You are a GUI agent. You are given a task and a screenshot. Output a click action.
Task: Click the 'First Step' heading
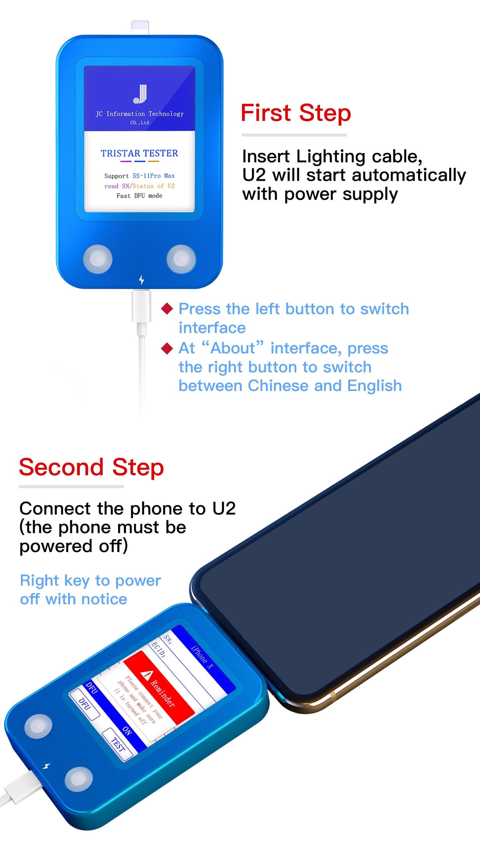[296, 113]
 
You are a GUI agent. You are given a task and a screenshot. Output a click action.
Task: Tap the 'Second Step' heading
[91, 467]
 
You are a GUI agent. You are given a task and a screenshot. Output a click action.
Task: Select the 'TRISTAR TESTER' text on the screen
[140, 153]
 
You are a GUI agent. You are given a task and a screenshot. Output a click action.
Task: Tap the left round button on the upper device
[98, 259]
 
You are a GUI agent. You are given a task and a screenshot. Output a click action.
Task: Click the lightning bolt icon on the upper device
[142, 280]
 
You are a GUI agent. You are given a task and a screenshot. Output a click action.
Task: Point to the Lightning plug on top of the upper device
[140, 28]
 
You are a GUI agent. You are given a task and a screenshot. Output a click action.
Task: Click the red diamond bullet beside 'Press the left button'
[167, 309]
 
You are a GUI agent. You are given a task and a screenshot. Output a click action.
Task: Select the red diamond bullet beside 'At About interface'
[167, 348]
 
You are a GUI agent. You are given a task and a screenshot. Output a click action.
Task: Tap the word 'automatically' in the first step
[409, 175]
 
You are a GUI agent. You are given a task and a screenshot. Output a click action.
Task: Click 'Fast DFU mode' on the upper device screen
[140, 196]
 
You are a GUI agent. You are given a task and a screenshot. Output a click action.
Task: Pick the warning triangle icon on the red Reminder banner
[147, 675]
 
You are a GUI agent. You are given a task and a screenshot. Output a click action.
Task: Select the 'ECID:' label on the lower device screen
[158, 650]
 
